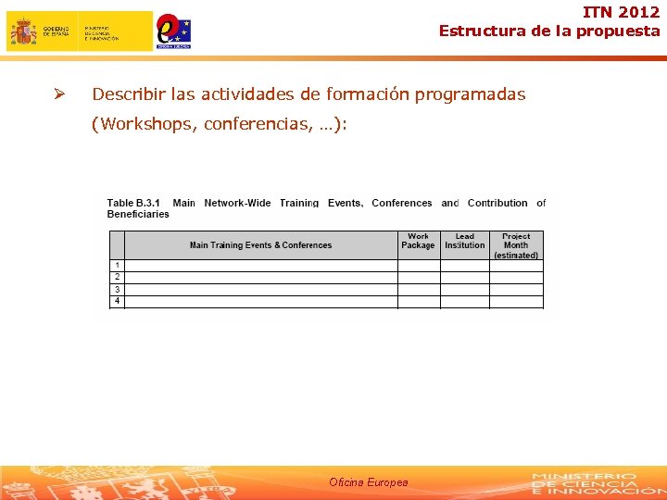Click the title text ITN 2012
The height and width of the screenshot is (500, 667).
tap(622, 13)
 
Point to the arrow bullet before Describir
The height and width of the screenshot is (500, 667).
tap(57, 94)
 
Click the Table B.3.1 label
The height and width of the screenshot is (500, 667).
tap(133, 203)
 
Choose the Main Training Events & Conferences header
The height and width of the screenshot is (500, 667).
tap(260, 245)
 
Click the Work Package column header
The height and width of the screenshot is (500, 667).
tap(418, 241)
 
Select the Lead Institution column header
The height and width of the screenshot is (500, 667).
tap(464, 241)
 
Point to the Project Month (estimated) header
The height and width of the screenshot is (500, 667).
tap(516, 245)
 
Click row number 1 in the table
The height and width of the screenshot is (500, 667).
tap(117, 265)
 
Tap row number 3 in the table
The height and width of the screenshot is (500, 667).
tap(117, 289)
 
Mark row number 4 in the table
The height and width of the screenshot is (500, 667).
tap(117, 301)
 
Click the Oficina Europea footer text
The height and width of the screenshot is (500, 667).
tap(368, 482)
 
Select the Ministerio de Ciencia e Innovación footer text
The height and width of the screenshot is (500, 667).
tap(584, 482)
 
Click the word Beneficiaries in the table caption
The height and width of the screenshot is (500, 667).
tap(138, 214)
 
